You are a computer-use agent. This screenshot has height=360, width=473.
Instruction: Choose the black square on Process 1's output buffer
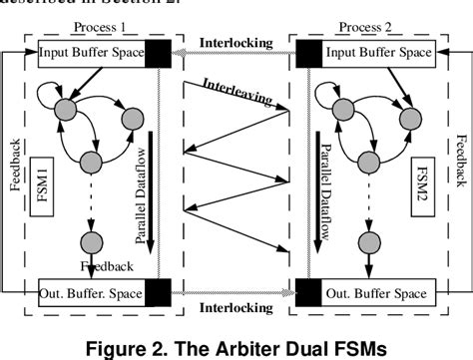tap(157, 292)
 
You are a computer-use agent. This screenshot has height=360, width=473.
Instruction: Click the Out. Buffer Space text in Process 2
tap(374, 292)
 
